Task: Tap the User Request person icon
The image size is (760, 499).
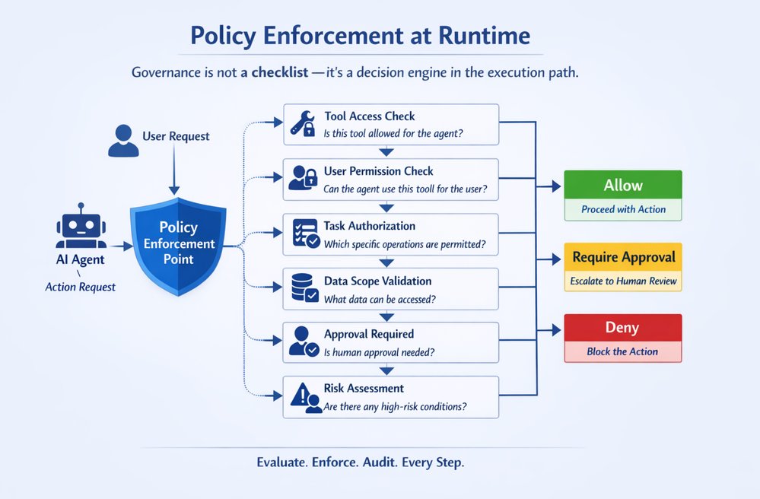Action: pyautogui.click(x=123, y=141)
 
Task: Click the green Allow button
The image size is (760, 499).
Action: pyautogui.click(x=623, y=185)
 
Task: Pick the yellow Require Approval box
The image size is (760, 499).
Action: pyautogui.click(x=623, y=257)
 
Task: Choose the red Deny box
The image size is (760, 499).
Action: pyautogui.click(x=622, y=328)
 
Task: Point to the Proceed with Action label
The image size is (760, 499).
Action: pyautogui.click(x=623, y=209)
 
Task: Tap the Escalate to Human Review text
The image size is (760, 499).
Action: pyautogui.click(x=623, y=281)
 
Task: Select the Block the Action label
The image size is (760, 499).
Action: pyautogui.click(x=622, y=351)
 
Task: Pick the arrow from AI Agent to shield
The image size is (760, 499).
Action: pyautogui.click(x=120, y=246)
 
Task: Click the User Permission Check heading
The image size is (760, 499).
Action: pyautogui.click(x=378, y=171)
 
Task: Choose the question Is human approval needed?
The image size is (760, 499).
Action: pyautogui.click(x=378, y=351)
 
